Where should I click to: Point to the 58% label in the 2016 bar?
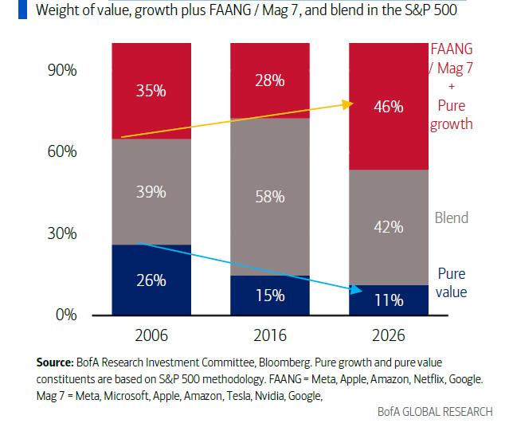tap(269, 196)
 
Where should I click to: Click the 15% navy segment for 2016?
tap(269, 296)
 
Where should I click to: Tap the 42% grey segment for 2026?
tap(388, 227)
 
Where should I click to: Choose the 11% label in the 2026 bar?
tap(388, 300)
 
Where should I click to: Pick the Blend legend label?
tap(451, 217)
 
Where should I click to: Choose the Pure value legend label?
tap(451, 283)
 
